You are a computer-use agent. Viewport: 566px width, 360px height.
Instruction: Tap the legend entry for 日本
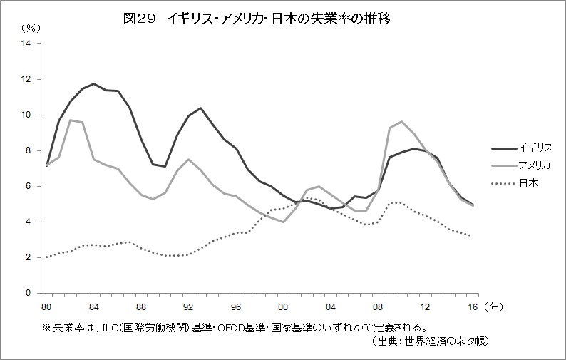tap(527, 183)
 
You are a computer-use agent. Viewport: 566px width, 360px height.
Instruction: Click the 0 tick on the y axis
tap(29, 293)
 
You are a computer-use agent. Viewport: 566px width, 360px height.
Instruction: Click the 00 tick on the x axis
tap(284, 307)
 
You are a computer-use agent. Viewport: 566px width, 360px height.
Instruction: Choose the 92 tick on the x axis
tap(189, 307)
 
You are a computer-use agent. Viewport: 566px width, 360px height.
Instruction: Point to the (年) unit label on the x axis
tap(495, 307)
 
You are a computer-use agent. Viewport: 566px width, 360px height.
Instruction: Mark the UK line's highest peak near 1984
tap(94, 83)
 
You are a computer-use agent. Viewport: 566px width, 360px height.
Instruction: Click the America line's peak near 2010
tap(403, 122)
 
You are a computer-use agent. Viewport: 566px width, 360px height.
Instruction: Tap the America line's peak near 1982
tap(70, 120)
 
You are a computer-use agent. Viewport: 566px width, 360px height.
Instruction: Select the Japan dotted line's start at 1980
tap(46, 257)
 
